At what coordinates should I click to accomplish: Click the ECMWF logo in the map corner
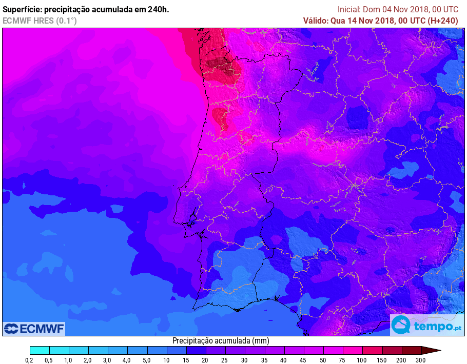[x=34, y=329]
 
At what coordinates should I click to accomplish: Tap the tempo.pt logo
[x=426, y=326]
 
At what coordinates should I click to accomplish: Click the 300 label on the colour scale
[x=421, y=360]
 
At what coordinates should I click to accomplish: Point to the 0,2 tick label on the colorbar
[x=30, y=360]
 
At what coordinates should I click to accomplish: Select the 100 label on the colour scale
[x=362, y=360]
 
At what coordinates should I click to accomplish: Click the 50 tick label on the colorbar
[x=323, y=360]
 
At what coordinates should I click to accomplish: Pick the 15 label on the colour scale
[x=186, y=360]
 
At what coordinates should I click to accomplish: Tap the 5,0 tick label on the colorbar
[x=147, y=360]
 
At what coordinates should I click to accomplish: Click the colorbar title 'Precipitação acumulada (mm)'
[x=221, y=341]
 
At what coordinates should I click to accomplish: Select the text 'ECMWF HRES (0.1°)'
[x=40, y=21]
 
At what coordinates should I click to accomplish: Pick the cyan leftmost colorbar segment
[x=40, y=351]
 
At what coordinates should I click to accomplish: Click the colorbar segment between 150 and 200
[x=392, y=351]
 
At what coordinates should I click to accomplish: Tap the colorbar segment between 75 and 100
[x=353, y=351]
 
